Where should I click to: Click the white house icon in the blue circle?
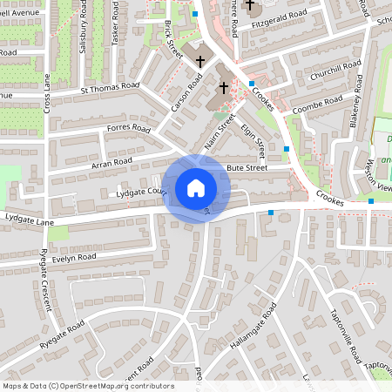click(196, 187)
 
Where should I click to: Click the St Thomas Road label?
click(110, 86)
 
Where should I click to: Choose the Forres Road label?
click(128, 130)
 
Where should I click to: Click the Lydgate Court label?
click(139, 193)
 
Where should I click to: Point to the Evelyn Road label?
click(73, 258)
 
